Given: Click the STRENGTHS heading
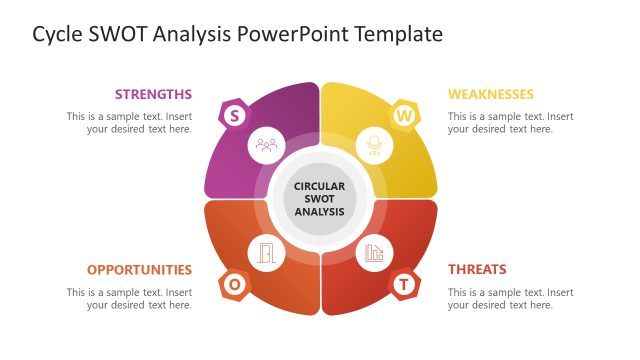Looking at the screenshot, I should pyautogui.click(x=153, y=94).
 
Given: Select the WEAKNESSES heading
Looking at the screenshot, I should pyautogui.click(x=490, y=94).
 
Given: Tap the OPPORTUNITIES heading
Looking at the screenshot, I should pyautogui.click(x=139, y=269).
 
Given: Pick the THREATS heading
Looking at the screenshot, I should pyautogui.click(x=477, y=269).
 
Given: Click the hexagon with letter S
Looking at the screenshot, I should pyautogui.click(x=234, y=115).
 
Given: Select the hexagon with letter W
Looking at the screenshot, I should pyautogui.click(x=404, y=115).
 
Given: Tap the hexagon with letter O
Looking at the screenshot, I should pyautogui.click(x=234, y=285).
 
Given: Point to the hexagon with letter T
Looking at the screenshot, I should pyautogui.click(x=404, y=285).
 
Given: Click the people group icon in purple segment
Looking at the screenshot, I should pyautogui.click(x=266, y=145).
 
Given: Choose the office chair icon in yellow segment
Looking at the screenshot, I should pyautogui.click(x=375, y=146).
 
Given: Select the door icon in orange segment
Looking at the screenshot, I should pyautogui.click(x=266, y=253).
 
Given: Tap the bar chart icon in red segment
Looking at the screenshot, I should pyautogui.click(x=375, y=253).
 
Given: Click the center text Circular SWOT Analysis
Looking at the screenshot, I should pyautogui.click(x=320, y=199).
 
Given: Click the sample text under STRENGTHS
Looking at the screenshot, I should pyautogui.click(x=130, y=122).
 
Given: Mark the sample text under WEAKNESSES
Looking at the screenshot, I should pyautogui.click(x=510, y=122).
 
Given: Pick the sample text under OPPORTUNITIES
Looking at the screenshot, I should pyautogui.click(x=130, y=298).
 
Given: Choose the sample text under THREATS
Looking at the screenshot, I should pyautogui.click(x=510, y=298).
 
